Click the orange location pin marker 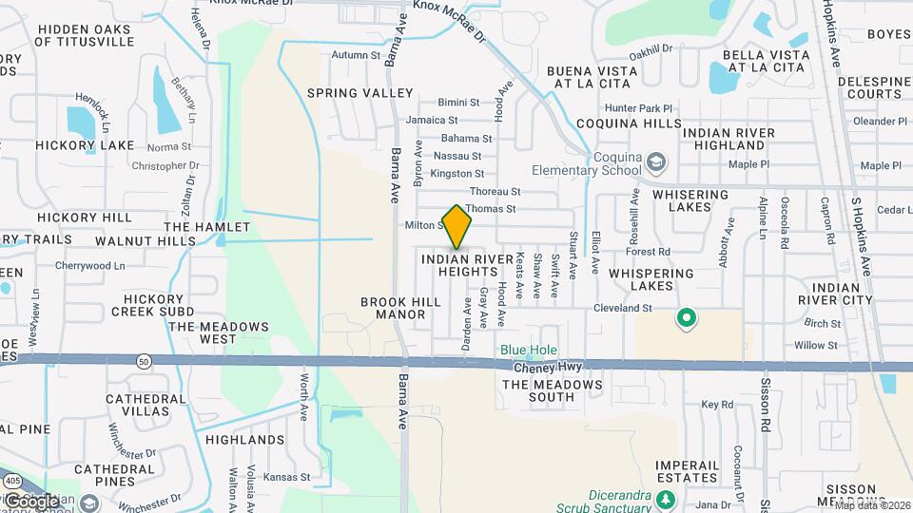457,226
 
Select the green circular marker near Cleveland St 686,318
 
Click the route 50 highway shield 143,361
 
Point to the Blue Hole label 529,351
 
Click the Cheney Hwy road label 540,367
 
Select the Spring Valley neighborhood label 360,93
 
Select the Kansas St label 287,477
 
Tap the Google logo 29,501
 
